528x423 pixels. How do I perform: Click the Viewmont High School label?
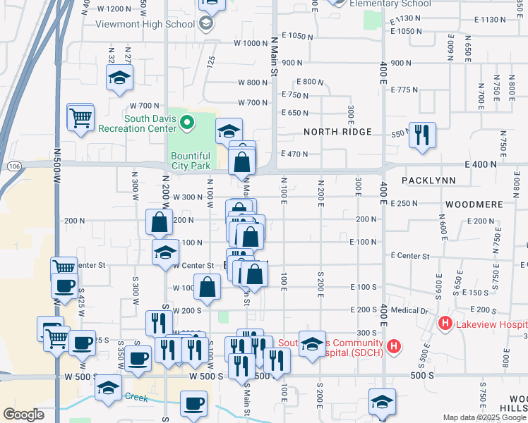pyautogui.click(x=145, y=24)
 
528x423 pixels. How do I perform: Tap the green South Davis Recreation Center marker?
pyautogui.click(x=187, y=123)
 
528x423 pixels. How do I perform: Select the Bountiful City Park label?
pyautogui.click(x=190, y=161)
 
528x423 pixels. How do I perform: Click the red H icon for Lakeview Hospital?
pyautogui.click(x=445, y=324)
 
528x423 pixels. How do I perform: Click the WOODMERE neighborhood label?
pyautogui.click(x=474, y=204)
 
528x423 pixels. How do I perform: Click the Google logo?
pyautogui.click(x=23, y=415)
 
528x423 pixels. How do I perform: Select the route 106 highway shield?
pyautogui.click(x=14, y=165)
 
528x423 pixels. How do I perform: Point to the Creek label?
pyautogui.click(x=137, y=396)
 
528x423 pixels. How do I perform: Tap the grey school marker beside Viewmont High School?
pyautogui.click(x=205, y=24)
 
